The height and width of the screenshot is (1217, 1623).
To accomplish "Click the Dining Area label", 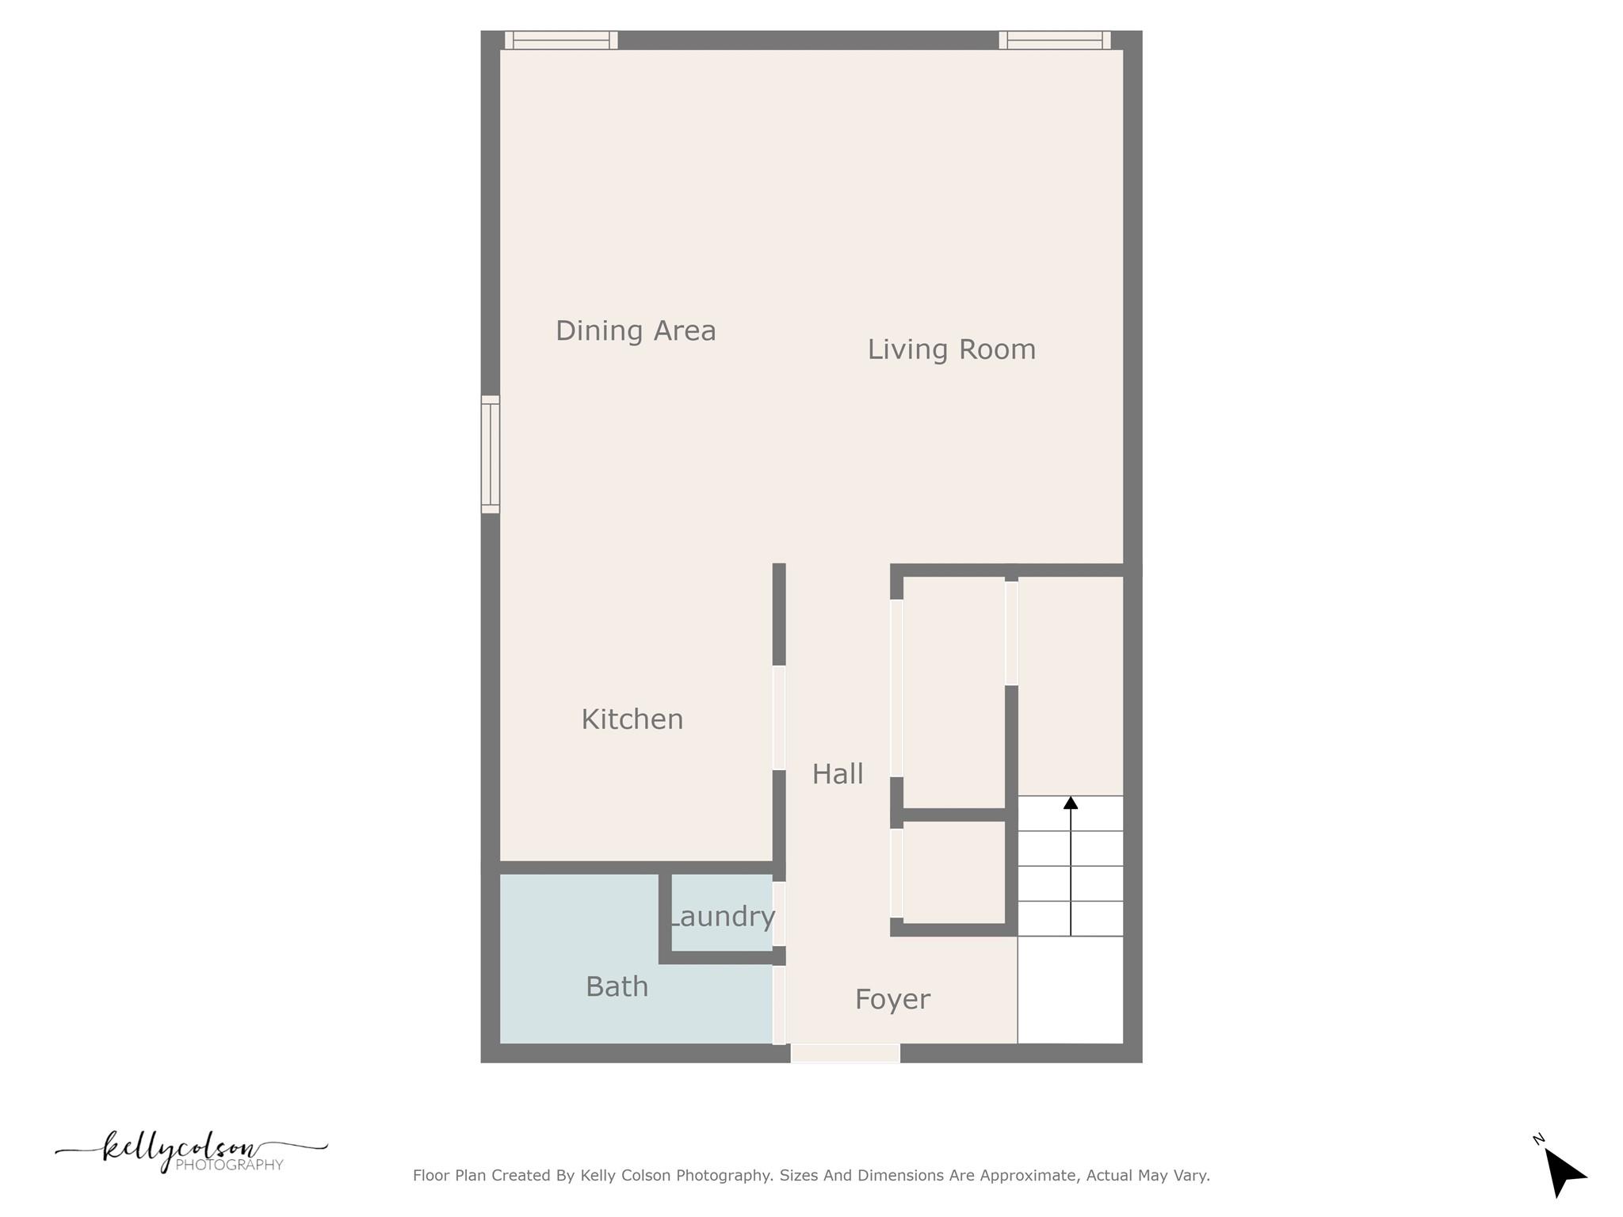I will coord(636,330).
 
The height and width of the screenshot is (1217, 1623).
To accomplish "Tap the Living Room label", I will coord(951,349).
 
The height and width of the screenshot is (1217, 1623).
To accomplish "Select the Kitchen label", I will coord(632,719).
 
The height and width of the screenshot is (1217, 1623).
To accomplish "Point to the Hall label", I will coord(837,774).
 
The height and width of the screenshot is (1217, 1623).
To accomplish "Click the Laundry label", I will coord(722,917).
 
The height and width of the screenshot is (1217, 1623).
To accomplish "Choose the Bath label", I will coord(617,987).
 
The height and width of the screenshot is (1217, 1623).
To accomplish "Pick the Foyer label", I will coord(892,1000).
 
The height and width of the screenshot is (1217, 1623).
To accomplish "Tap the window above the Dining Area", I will coord(561,40).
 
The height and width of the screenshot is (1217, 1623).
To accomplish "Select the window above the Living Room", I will coord(1054,40).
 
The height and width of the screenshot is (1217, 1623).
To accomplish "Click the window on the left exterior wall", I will coord(491,454).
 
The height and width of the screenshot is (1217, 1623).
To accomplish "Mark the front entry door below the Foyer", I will coord(846,1053).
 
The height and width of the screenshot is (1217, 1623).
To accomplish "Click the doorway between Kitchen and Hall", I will coord(779,717).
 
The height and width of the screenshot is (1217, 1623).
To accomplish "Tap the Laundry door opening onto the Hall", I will coord(779,914).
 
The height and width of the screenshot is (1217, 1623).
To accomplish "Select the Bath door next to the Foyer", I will coord(779,1005).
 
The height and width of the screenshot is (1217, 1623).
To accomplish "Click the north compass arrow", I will coord(1563,1172).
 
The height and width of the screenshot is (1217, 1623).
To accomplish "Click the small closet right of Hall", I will coord(954,872).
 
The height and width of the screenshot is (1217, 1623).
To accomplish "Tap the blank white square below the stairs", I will coord(1070,990).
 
